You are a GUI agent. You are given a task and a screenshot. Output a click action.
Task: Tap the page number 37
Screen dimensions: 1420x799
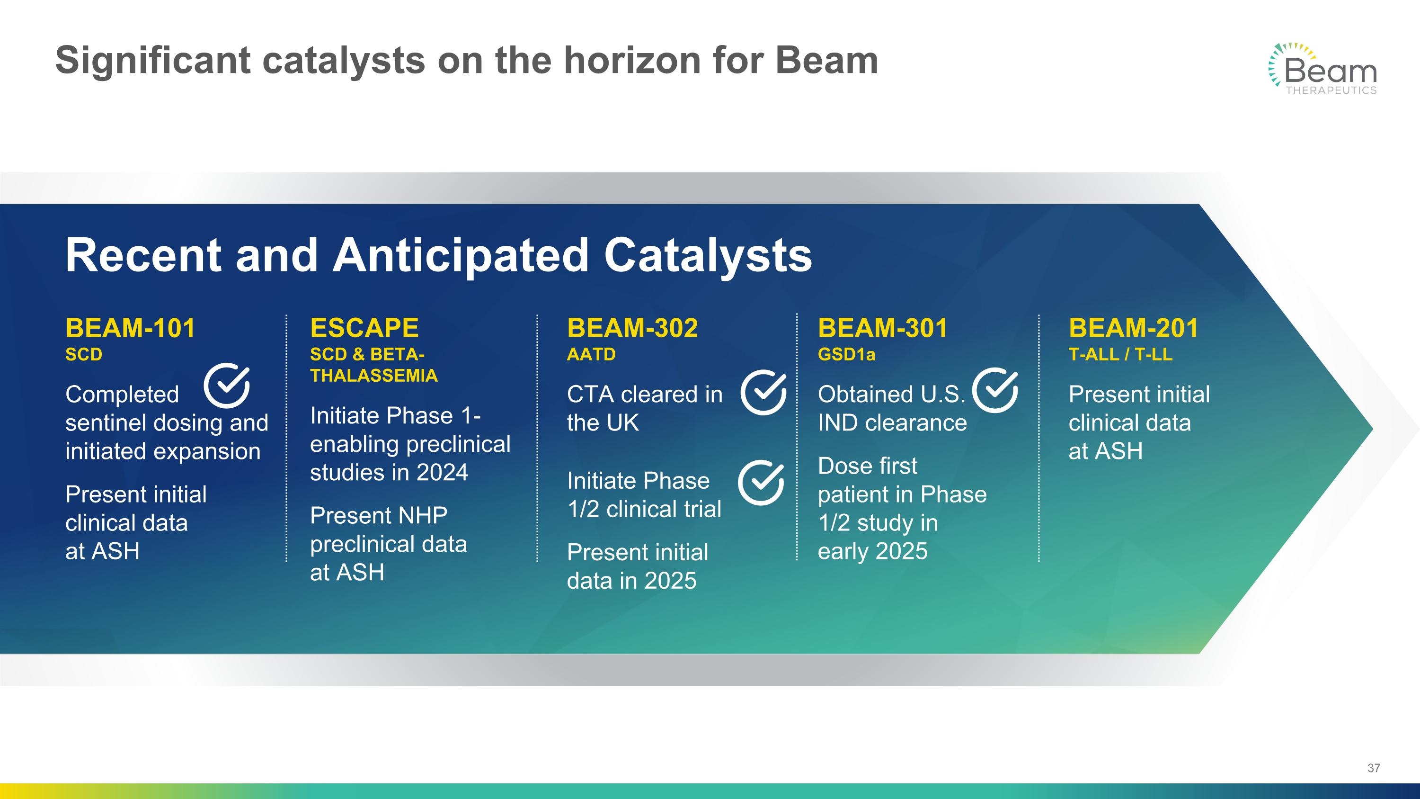click(1374, 768)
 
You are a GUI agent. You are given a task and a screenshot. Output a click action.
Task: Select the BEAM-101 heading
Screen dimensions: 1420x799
click(130, 328)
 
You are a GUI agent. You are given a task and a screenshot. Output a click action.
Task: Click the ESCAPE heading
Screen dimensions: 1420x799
click(364, 328)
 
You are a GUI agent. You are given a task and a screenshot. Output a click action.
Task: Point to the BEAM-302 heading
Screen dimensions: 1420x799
click(632, 328)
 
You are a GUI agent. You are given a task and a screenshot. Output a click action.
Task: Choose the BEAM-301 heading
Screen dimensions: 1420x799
click(883, 328)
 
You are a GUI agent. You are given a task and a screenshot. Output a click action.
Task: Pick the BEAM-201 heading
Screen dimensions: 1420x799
click(1133, 328)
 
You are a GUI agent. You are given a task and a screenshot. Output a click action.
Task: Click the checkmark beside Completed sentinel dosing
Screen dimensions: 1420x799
click(227, 386)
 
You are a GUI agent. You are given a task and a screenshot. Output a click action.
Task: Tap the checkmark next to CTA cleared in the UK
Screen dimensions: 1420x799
click(763, 392)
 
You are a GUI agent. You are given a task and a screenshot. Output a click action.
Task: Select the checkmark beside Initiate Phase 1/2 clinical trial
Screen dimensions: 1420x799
click(761, 483)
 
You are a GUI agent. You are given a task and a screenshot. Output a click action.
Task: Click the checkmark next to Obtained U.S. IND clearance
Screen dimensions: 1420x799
click(995, 390)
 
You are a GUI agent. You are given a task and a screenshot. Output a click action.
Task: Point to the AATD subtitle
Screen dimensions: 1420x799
click(591, 354)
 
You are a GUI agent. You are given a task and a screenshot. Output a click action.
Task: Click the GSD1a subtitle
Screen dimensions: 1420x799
click(846, 354)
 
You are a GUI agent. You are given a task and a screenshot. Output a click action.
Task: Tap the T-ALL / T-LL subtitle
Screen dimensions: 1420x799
click(1120, 354)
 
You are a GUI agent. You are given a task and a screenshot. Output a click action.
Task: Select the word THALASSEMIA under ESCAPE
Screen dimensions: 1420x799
click(374, 376)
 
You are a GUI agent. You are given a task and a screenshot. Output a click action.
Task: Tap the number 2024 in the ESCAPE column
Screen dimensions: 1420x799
click(442, 473)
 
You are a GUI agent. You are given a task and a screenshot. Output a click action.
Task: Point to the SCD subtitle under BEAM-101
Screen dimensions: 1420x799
click(84, 354)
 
